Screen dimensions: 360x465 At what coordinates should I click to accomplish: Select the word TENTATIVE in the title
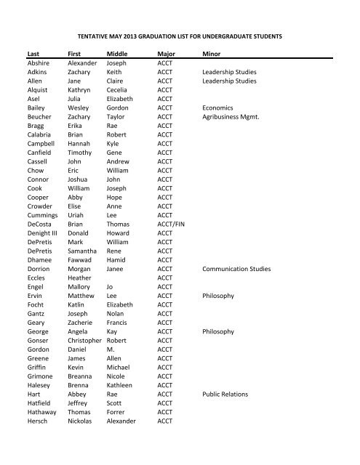click(x=97, y=34)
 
